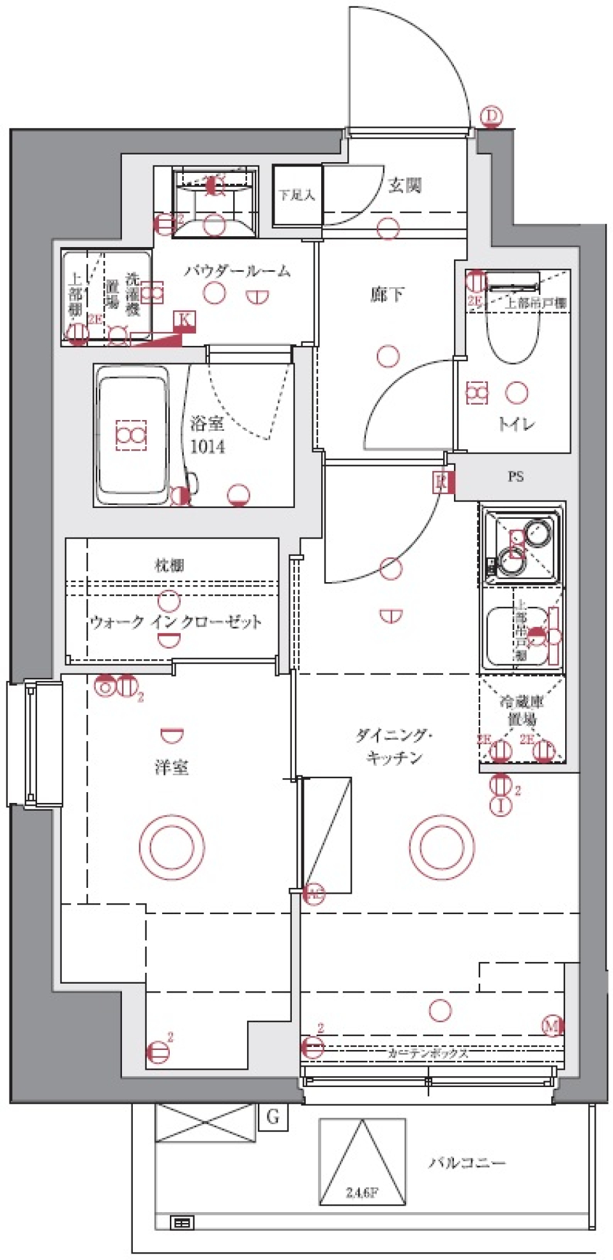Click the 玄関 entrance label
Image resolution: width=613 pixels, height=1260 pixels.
(x=404, y=186)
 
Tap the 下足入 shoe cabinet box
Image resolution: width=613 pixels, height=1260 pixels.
(x=297, y=195)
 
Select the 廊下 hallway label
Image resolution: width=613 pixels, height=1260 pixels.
(x=387, y=294)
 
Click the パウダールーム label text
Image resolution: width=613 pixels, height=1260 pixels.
(x=238, y=271)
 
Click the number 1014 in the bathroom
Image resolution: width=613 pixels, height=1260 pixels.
(x=208, y=446)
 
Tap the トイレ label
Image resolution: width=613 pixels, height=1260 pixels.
(x=516, y=423)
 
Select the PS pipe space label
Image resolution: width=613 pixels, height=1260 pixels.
(x=516, y=476)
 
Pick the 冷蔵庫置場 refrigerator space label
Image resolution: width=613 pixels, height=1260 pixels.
(x=522, y=710)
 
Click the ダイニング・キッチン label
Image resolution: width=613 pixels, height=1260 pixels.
(x=394, y=746)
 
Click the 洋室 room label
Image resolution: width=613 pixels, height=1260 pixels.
(x=172, y=767)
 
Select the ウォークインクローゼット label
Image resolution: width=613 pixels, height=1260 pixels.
(x=176, y=622)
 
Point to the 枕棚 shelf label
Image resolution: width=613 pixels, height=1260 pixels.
(x=170, y=565)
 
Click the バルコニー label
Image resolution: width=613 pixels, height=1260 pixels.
(x=467, y=1162)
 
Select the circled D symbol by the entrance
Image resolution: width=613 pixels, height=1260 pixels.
(x=491, y=116)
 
